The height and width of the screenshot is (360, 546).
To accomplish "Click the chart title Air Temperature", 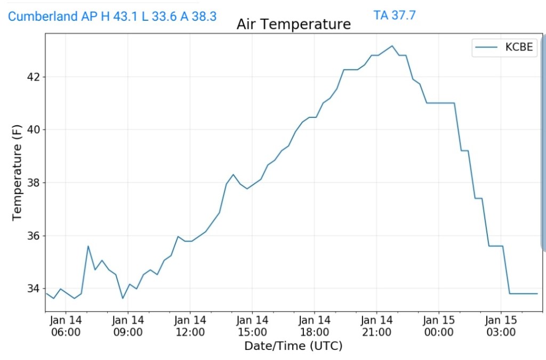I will [x=294, y=25].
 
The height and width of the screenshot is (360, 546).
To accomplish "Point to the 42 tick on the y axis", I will [x=33, y=77].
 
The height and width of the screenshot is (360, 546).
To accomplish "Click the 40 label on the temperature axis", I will [x=33, y=130].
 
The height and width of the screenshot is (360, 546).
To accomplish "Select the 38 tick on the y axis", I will [x=33, y=182].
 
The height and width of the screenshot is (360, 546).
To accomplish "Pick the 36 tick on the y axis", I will [x=33, y=235].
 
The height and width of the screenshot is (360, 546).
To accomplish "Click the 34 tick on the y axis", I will [x=33, y=289].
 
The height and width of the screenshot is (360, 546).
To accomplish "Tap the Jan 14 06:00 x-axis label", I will [x=66, y=326].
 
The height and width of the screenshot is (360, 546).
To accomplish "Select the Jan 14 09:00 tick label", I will [x=128, y=326].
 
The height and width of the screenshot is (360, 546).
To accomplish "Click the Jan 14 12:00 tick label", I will [x=190, y=326].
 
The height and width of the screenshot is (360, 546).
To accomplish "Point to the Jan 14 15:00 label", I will [x=252, y=326].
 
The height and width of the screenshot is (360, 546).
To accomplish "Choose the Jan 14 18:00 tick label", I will [x=315, y=326].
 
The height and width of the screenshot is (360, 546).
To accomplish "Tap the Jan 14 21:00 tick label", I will [x=376, y=326].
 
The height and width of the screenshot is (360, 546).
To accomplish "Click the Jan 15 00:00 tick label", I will [x=439, y=326].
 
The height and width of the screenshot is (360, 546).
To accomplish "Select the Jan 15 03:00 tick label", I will [x=501, y=326].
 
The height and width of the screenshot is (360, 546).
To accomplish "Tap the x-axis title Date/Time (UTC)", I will [x=293, y=346].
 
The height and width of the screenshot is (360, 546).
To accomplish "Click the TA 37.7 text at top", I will [x=395, y=15].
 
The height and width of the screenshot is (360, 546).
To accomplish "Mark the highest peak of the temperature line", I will [x=392, y=46].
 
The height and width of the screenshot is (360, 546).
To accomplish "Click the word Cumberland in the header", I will [x=43, y=16].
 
